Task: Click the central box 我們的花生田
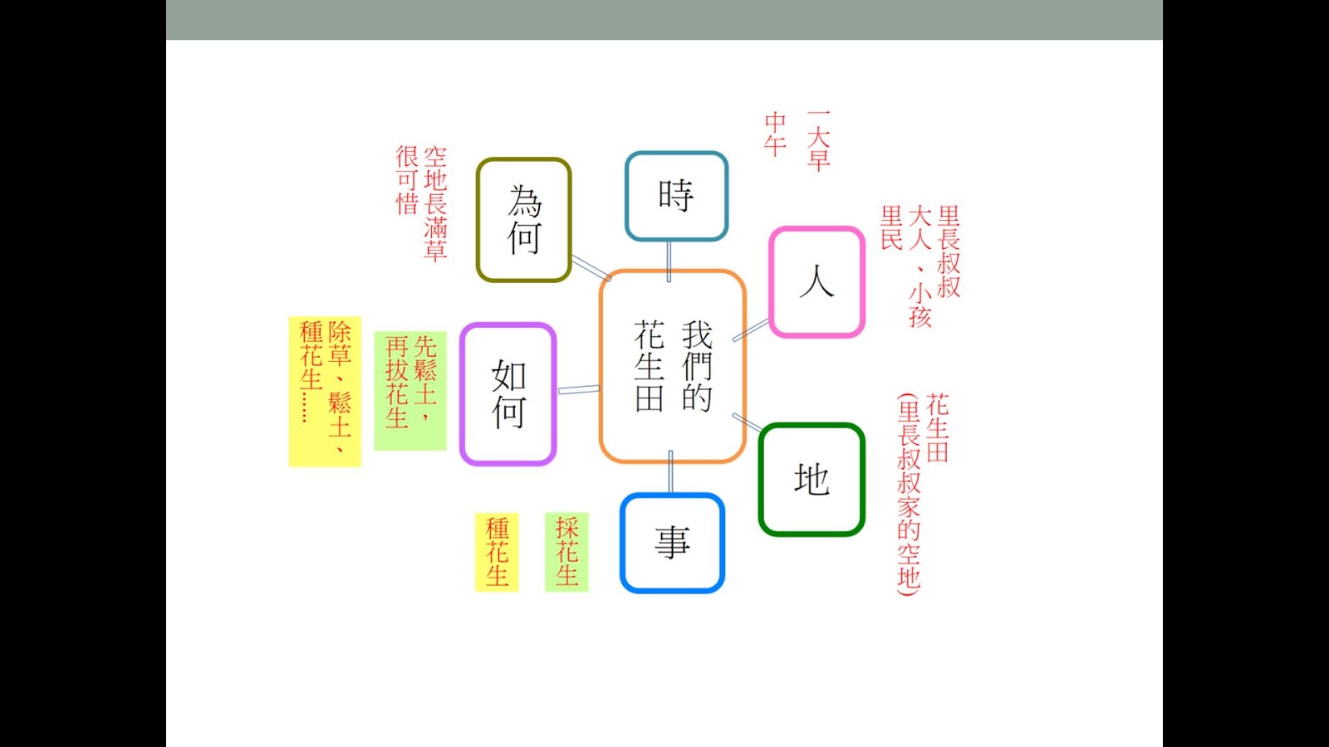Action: click(672, 366)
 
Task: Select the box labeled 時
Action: click(676, 197)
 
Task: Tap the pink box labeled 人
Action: click(817, 282)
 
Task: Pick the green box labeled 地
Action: click(812, 480)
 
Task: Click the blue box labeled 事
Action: click(672, 544)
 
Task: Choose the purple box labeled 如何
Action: click(508, 394)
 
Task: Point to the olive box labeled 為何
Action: click(523, 221)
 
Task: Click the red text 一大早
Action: click(818, 141)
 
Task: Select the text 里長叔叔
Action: click(949, 251)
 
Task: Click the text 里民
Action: click(891, 228)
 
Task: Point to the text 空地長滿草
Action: click(435, 204)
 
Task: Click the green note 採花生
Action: click(566, 552)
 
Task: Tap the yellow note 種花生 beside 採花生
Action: click(497, 552)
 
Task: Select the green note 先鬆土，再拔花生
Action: click(410, 391)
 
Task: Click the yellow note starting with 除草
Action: click(325, 391)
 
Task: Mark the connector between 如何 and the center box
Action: click(578, 389)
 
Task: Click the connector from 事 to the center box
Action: click(670, 473)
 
